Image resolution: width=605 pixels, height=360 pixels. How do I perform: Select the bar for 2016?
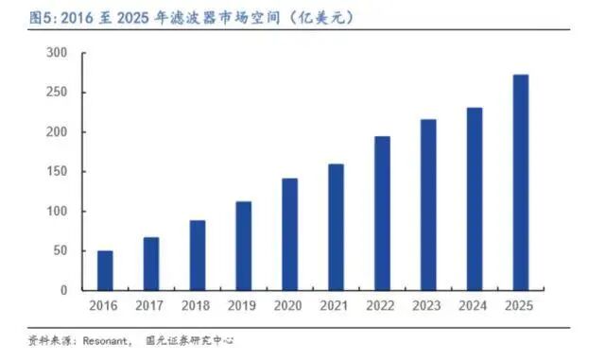[x=105, y=270]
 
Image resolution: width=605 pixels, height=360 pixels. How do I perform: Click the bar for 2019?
[x=243, y=246]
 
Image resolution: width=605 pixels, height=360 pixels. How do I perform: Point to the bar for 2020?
[x=289, y=233]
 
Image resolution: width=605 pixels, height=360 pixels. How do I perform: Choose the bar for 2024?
[x=475, y=199]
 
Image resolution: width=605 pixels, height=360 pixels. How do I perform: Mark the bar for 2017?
[x=151, y=264]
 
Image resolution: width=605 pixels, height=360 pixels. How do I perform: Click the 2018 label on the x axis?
[x=197, y=306]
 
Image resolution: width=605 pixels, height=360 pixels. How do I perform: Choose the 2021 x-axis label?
[x=336, y=306]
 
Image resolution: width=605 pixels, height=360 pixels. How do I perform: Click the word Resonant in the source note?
[x=102, y=340]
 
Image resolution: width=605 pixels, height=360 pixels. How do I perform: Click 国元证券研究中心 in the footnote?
[x=190, y=340]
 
